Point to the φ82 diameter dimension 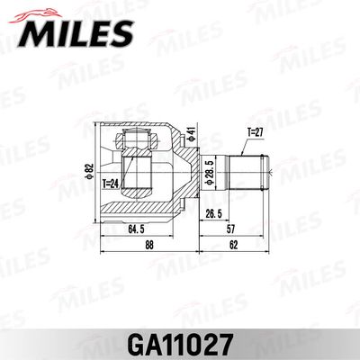88,170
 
